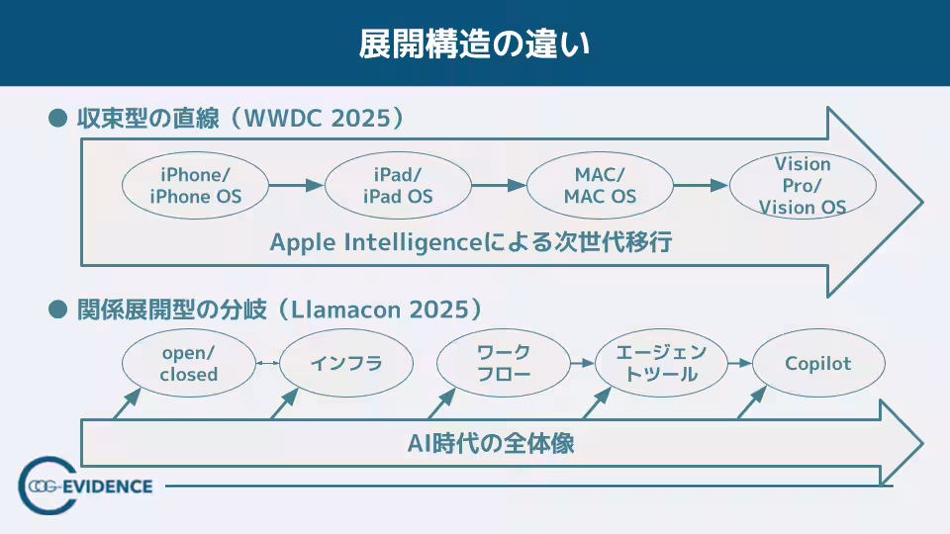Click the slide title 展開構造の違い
point(474,44)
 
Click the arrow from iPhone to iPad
point(297,185)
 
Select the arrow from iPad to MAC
point(499,185)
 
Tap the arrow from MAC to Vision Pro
point(702,185)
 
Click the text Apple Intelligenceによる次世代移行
point(471,242)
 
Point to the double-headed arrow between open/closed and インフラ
point(267,363)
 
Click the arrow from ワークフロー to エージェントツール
point(582,363)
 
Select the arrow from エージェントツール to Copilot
point(740,363)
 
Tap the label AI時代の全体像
point(491,444)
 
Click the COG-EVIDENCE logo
point(85,486)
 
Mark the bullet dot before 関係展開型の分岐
point(57,310)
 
